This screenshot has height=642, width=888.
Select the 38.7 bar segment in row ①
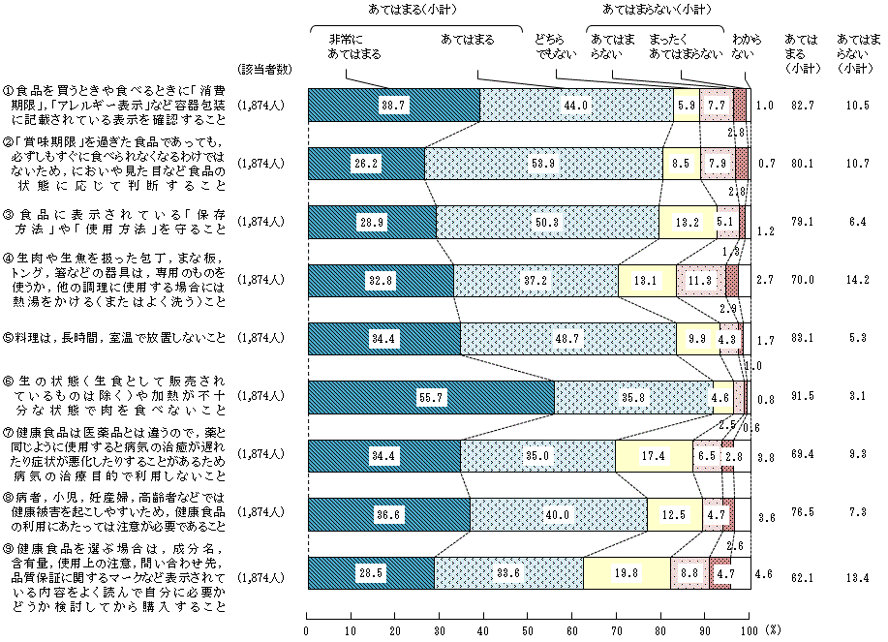tap(393, 104)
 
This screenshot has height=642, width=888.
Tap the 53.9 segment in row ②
tap(543, 163)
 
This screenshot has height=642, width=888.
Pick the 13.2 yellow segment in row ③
tap(687, 221)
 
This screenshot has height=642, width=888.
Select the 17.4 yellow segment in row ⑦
tap(653, 455)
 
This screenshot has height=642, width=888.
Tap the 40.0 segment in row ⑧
tap(558, 514)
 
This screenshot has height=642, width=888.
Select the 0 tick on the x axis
tap(307, 628)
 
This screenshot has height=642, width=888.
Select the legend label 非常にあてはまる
tap(347, 46)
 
